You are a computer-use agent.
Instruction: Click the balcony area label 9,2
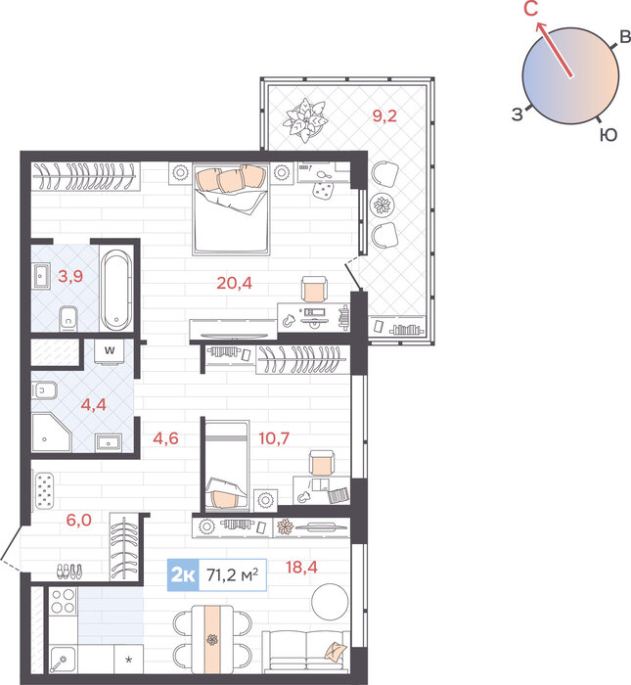click(384, 116)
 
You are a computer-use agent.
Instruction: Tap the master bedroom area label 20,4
click(234, 283)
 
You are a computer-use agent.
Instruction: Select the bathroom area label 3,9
click(70, 276)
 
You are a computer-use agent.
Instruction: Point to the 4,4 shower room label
click(94, 404)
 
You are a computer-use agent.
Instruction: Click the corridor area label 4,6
click(165, 437)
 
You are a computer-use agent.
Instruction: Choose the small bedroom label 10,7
click(274, 437)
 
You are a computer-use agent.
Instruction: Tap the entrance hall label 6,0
click(78, 520)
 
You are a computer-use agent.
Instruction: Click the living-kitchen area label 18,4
click(301, 567)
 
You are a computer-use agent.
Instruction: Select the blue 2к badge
click(183, 575)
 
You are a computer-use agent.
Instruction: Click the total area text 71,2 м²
click(232, 575)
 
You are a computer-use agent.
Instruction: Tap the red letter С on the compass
click(530, 9)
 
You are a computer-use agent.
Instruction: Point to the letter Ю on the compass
click(608, 135)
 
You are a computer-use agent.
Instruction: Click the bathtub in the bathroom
click(116, 291)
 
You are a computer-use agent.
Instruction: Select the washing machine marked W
click(110, 351)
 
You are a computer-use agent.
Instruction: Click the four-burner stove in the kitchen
click(64, 601)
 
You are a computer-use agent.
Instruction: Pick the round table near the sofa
click(330, 602)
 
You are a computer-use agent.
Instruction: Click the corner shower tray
click(51, 433)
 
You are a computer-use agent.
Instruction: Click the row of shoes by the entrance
click(69, 571)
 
